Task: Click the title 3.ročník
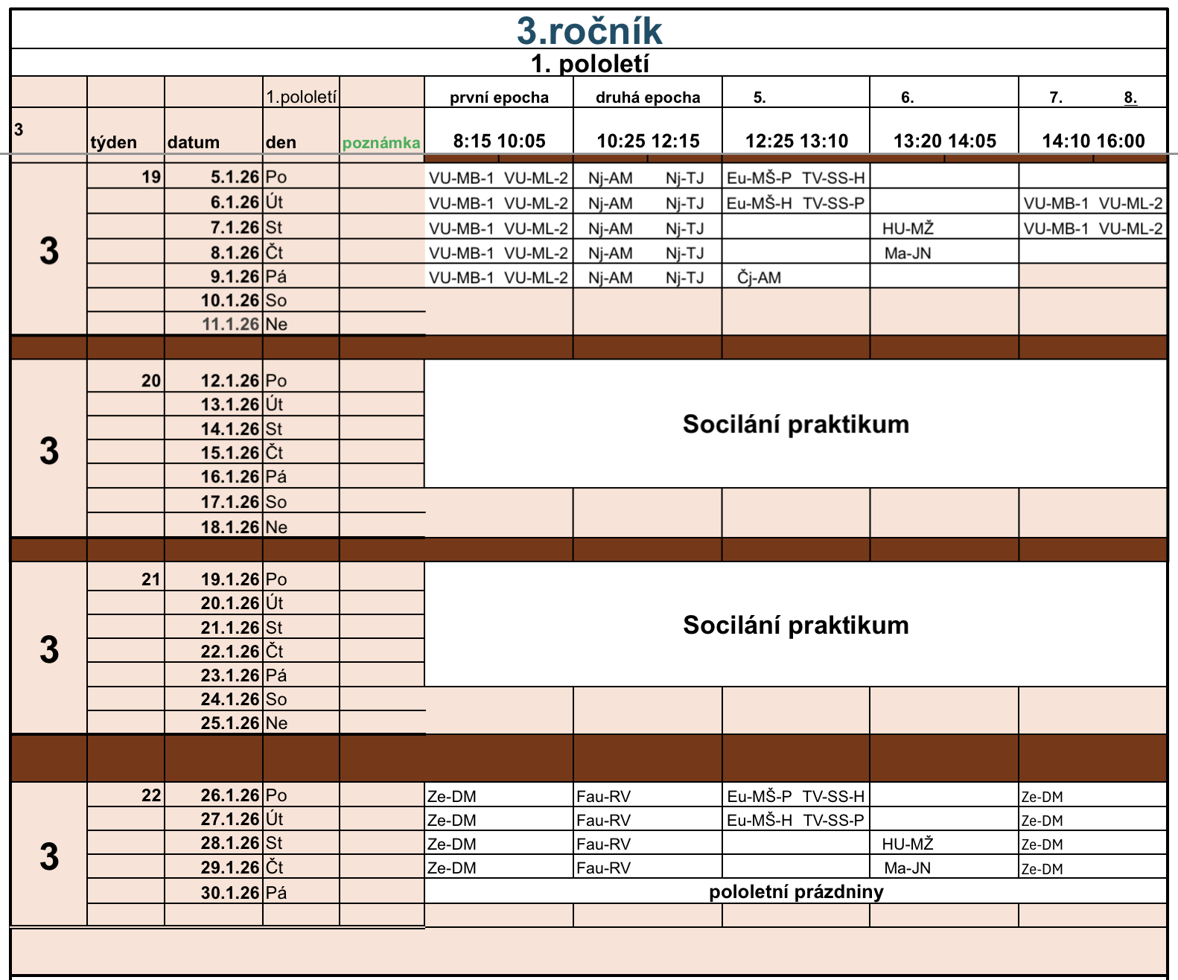(x=589, y=31)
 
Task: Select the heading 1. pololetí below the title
(x=589, y=64)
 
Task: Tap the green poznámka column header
(x=381, y=143)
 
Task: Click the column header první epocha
(x=499, y=98)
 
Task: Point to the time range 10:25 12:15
(x=648, y=141)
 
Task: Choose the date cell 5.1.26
(x=235, y=177)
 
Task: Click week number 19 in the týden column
(x=151, y=177)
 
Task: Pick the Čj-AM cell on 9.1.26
(x=759, y=278)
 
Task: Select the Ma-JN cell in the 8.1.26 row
(x=907, y=253)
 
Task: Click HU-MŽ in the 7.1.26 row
(x=907, y=229)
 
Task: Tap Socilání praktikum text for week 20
(x=795, y=424)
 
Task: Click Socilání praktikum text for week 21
(x=795, y=625)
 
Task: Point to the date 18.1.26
(x=229, y=527)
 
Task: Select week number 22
(x=151, y=795)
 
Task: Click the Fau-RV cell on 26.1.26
(x=604, y=796)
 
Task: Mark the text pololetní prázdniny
(x=795, y=892)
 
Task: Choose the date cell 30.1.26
(x=229, y=893)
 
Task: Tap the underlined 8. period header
(x=1130, y=98)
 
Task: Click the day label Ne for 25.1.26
(x=276, y=723)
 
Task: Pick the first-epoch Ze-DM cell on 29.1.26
(x=452, y=868)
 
